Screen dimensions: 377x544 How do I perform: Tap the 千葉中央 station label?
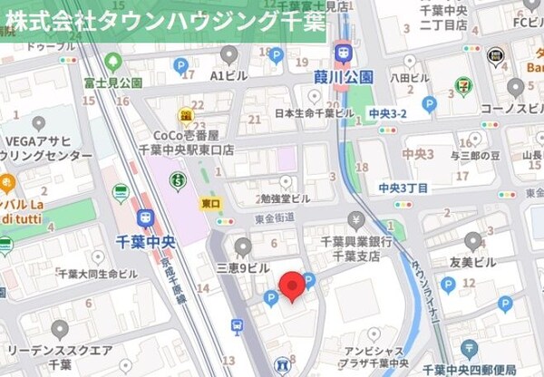[146, 240]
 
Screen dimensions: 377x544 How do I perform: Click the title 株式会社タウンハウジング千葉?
[164, 20]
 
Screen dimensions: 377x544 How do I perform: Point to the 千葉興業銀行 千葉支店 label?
[355, 248]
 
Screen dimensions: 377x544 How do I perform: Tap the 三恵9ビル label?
[242, 268]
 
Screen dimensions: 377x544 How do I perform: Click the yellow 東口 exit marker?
[208, 205]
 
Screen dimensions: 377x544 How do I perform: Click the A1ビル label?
[228, 76]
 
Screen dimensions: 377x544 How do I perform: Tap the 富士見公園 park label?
[112, 82]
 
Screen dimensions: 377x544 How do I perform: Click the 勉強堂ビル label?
[282, 198]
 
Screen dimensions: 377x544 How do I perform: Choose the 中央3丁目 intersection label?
[403, 188]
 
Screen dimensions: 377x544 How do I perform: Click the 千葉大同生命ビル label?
[97, 273]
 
